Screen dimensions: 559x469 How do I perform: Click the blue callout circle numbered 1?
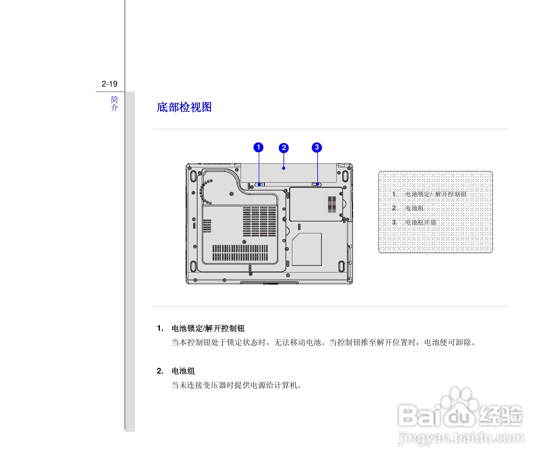pyautogui.click(x=258, y=147)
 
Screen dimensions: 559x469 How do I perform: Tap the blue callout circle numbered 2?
pyautogui.click(x=284, y=148)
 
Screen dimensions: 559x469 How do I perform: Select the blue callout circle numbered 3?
pyautogui.click(x=317, y=147)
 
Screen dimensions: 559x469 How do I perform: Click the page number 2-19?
pyautogui.click(x=109, y=84)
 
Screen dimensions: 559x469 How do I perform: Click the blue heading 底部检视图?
pyautogui.click(x=184, y=107)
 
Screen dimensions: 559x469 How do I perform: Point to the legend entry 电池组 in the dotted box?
pyautogui.click(x=414, y=208)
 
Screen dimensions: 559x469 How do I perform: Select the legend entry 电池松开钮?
pyautogui.click(x=421, y=222)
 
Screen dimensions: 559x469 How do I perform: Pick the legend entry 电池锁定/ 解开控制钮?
pyautogui.click(x=436, y=194)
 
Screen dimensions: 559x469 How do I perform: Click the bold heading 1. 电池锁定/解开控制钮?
pyautogui.click(x=201, y=328)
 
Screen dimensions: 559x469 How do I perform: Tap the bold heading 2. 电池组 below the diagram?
pyautogui.click(x=176, y=371)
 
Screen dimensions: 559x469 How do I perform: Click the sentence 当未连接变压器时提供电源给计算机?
pyautogui.click(x=236, y=385)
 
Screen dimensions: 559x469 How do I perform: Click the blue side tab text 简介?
pyautogui.click(x=114, y=104)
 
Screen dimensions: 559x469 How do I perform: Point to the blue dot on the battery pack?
pyautogui.click(x=284, y=168)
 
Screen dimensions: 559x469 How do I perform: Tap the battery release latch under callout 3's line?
pyautogui.click(x=317, y=184)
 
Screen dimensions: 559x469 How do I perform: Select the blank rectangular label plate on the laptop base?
pyautogui.click(x=307, y=249)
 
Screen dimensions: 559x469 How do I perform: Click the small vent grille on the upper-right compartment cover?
pyautogui.click(x=332, y=204)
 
